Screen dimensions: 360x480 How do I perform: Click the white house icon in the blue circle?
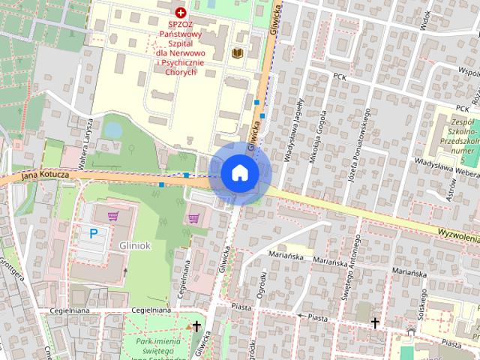(239, 173)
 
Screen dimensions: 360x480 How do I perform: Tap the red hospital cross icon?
(180, 12)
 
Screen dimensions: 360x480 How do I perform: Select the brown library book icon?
(237, 53)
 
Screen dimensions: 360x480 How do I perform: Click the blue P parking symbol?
(94, 233)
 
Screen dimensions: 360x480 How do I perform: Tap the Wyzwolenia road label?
(454, 235)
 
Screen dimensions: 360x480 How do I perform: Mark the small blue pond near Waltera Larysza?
(113, 130)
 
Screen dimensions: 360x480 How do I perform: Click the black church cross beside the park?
(197, 326)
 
